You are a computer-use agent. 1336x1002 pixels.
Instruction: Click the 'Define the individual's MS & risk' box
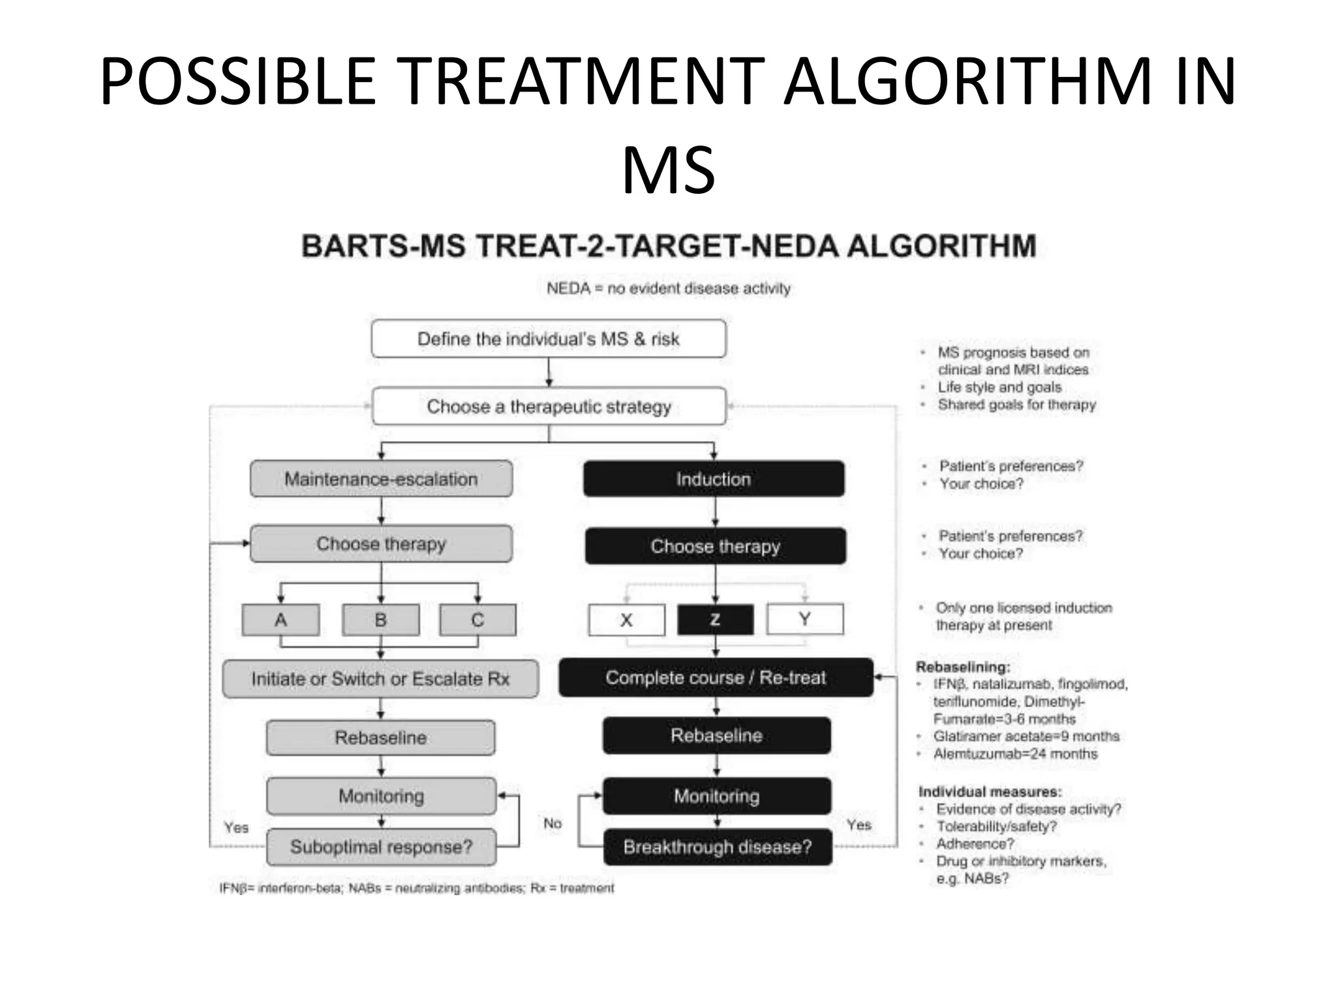(x=548, y=339)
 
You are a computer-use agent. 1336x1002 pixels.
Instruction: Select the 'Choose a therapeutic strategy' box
(x=548, y=406)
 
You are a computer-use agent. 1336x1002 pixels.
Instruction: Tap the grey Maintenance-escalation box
(x=381, y=479)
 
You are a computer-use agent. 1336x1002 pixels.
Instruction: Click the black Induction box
(x=714, y=479)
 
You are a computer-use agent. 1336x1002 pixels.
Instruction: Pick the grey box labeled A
(x=281, y=620)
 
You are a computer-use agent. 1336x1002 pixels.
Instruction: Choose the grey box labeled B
(x=381, y=620)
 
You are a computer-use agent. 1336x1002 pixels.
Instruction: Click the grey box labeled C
(x=478, y=620)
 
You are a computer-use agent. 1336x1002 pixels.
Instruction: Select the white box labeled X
(x=626, y=620)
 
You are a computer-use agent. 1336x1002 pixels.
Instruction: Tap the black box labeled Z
(x=715, y=620)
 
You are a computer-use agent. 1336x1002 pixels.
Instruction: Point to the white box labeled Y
(x=805, y=619)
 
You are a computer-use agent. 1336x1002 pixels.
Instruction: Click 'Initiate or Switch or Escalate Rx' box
(x=380, y=679)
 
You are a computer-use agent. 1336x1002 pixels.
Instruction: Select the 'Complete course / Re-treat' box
(x=716, y=678)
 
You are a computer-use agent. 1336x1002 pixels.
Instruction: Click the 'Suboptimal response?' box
(x=381, y=847)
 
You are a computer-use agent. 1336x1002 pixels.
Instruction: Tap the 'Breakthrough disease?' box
(x=718, y=847)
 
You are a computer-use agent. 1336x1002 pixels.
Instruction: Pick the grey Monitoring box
(x=381, y=796)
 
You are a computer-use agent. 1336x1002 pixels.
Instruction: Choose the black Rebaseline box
(x=716, y=736)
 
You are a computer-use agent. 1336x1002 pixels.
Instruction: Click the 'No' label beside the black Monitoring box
(x=553, y=823)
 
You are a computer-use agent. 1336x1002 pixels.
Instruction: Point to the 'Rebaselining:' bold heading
(x=963, y=667)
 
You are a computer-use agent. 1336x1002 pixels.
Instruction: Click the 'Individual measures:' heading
(x=990, y=791)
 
